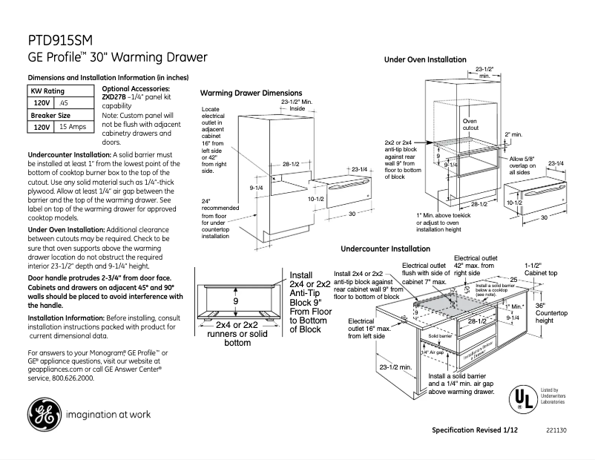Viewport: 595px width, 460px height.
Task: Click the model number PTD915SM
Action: coord(60,41)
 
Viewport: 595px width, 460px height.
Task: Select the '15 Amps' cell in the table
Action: coord(73,128)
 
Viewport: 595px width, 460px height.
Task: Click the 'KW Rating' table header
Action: coord(47,91)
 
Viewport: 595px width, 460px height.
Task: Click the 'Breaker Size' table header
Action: coord(50,116)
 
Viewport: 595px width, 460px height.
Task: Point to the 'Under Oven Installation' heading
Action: coord(425,59)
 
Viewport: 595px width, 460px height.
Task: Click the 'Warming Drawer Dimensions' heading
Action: coord(251,93)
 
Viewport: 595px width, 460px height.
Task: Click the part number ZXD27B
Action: coord(114,96)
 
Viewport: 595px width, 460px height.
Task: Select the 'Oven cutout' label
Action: coord(470,124)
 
